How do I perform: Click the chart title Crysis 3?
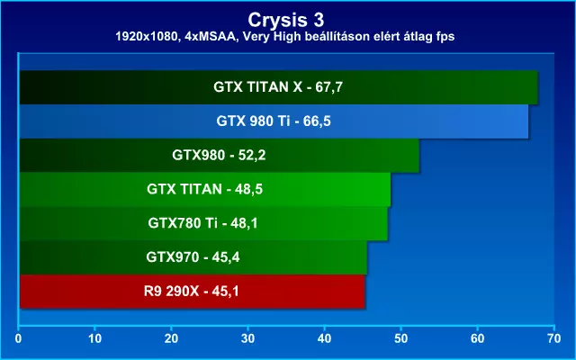coord(286,20)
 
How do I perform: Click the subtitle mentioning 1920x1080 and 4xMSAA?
coord(285,36)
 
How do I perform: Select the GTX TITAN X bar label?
coord(278,87)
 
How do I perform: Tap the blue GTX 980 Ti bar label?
coord(274,121)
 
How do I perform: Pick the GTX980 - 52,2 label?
coord(219,155)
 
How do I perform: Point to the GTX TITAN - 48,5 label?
coord(204,189)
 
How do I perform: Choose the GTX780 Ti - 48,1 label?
coord(202,223)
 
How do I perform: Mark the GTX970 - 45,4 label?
coord(193,257)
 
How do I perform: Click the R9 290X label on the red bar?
coord(192,292)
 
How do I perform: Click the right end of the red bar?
coord(364,292)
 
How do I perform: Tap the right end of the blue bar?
coord(528,121)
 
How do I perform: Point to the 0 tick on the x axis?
coord(18,338)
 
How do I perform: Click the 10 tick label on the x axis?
coord(94,338)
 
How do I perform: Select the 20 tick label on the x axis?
coord(171,338)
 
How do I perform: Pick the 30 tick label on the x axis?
coord(248,338)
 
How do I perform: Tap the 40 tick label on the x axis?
coord(324,338)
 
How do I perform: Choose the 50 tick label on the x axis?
coord(400,338)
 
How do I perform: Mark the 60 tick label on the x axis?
coord(478,338)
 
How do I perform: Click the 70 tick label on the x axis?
coord(554,338)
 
